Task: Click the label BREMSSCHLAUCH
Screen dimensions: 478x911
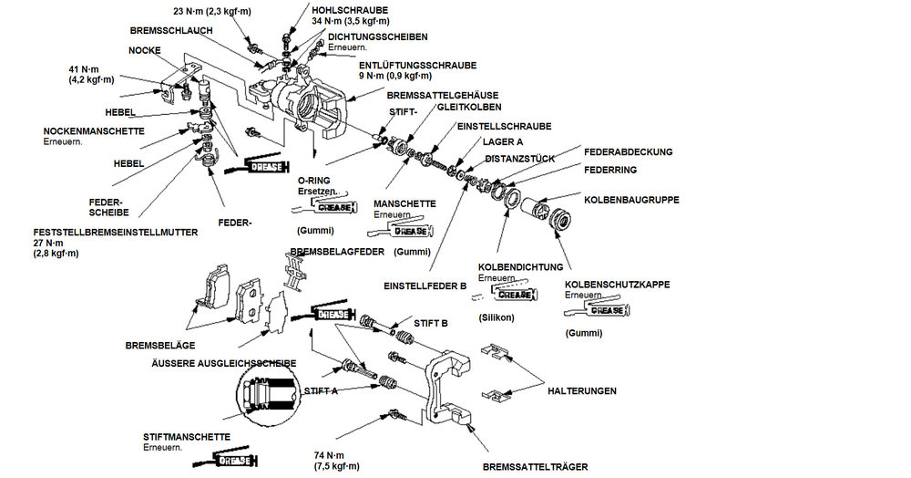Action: point(170,30)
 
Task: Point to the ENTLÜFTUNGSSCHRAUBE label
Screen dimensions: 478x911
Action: point(417,65)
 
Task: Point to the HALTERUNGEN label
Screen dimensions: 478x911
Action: point(582,390)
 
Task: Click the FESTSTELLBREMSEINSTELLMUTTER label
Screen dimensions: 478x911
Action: point(115,232)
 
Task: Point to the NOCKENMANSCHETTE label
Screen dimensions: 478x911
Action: point(93,130)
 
